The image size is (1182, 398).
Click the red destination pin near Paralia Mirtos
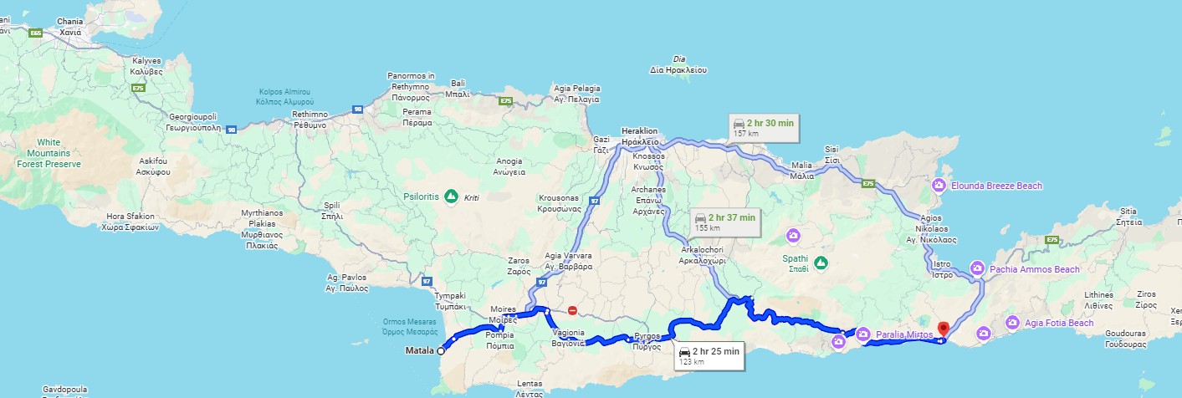tap(944, 329)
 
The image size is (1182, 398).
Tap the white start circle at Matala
tap(440, 351)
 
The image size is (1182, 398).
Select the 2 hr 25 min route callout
tap(709, 356)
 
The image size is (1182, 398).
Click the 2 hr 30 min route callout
tap(763, 128)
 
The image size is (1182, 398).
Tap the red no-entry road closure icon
tap(572, 311)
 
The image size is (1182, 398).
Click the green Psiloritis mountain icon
tap(451, 196)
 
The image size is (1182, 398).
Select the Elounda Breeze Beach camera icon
tap(939, 186)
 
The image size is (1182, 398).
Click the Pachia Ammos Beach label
tap(1034, 269)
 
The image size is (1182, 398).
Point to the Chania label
tap(69, 26)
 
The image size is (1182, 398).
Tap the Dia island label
tap(679, 64)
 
